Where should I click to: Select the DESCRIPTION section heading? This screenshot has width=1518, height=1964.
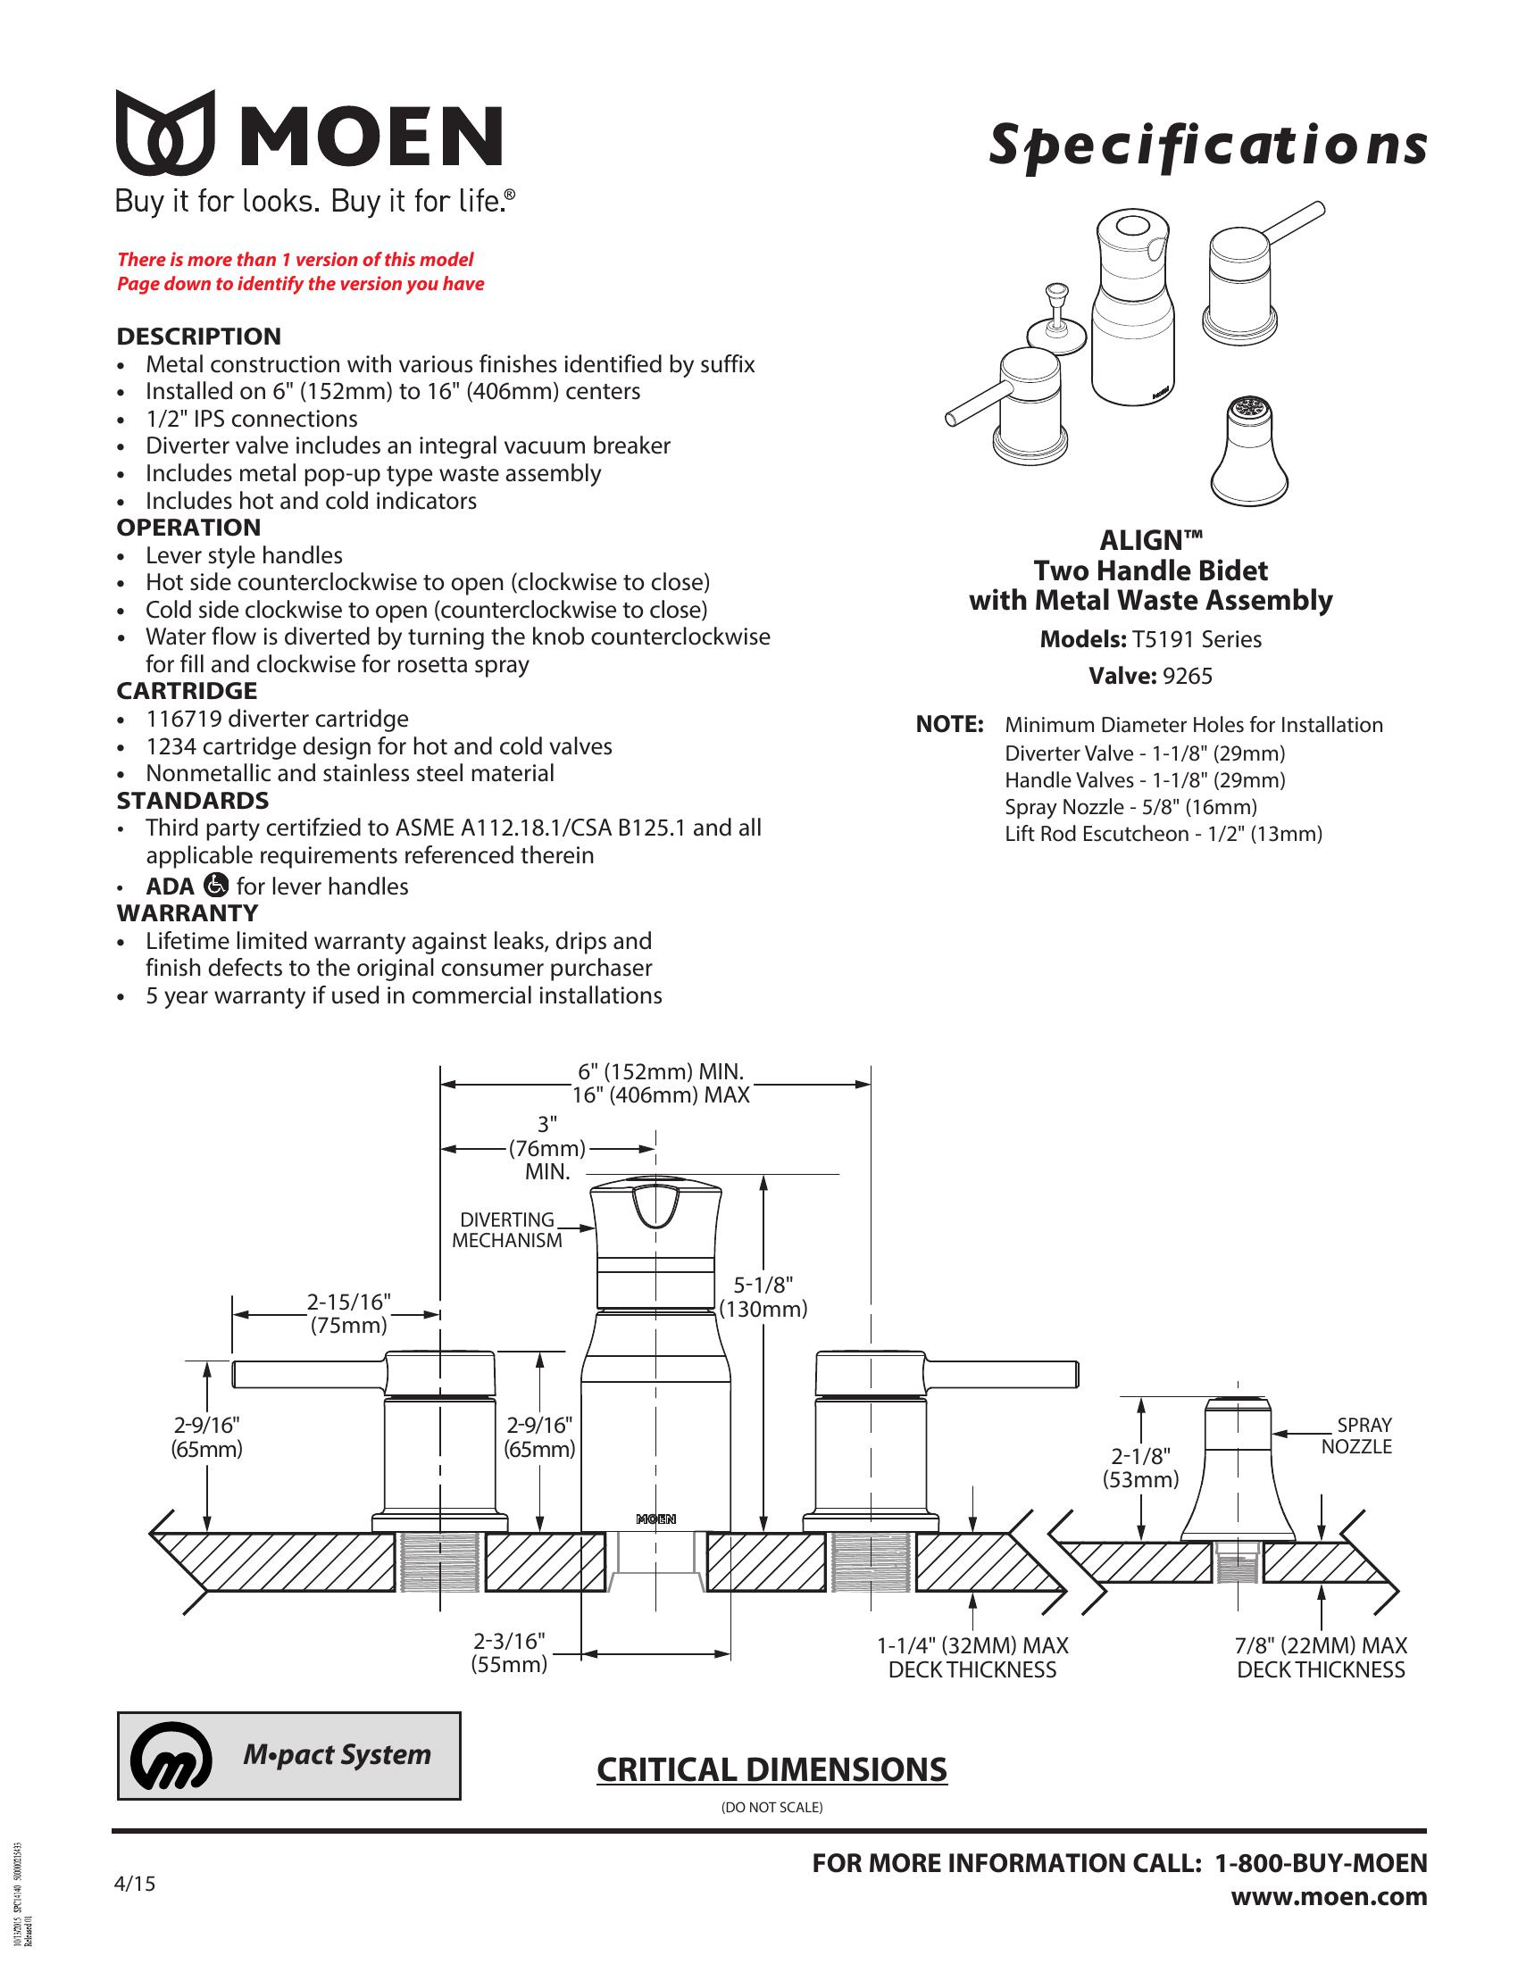(x=199, y=337)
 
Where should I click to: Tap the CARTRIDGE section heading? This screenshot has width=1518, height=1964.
(x=187, y=691)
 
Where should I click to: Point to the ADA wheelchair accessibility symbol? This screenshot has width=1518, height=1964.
(x=217, y=885)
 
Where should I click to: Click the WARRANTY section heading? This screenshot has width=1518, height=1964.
(x=187, y=912)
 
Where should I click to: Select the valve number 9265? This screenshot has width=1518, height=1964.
(x=1187, y=677)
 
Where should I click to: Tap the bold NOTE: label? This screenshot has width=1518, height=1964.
(x=948, y=725)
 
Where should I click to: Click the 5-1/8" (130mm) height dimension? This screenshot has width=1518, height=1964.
(x=763, y=1297)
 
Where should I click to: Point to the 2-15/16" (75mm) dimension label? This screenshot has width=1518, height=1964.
(x=349, y=1313)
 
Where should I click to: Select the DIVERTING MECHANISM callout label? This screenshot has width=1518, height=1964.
(x=507, y=1229)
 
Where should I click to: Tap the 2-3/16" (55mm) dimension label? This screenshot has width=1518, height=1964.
(x=509, y=1652)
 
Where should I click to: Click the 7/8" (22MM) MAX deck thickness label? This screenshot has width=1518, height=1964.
(x=1320, y=1658)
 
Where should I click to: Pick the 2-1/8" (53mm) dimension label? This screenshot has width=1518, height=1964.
(x=1141, y=1469)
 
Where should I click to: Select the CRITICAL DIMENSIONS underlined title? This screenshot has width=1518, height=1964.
(x=772, y=1768)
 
